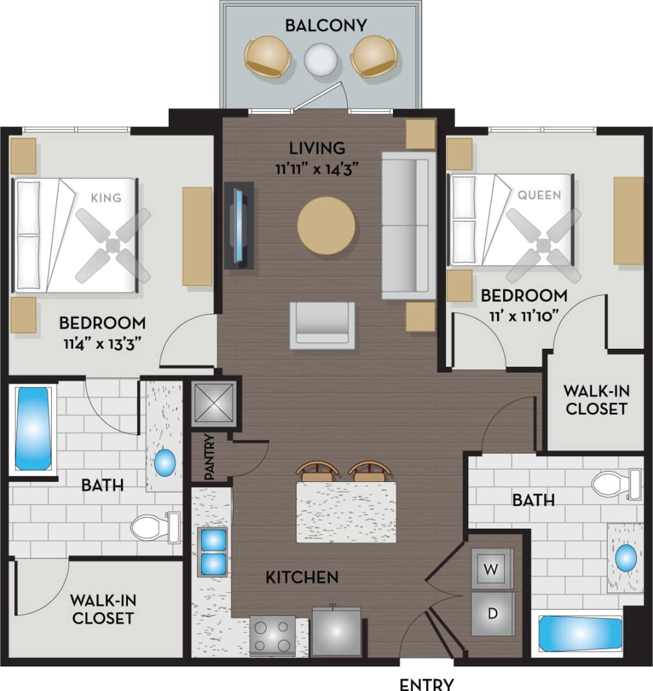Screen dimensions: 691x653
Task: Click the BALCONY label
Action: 326,25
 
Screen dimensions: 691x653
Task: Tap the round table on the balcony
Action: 321,60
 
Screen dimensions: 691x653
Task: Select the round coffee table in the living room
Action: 326,226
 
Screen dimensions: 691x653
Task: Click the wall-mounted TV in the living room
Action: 239,225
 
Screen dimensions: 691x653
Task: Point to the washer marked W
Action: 492,569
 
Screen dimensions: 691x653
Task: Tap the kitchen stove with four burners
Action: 272,635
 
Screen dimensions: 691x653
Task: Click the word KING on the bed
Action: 106,197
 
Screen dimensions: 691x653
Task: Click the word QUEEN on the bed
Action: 539,194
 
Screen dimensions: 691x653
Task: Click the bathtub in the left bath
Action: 32,428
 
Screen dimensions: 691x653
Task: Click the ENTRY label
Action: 426,684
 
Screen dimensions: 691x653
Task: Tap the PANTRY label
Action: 209,457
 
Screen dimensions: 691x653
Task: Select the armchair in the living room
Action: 322,325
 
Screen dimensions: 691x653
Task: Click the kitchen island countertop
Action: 346,512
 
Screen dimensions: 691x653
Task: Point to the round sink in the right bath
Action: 625,558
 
